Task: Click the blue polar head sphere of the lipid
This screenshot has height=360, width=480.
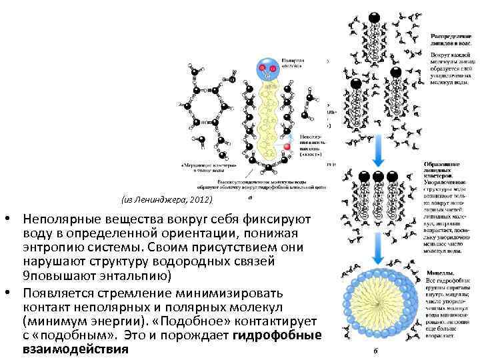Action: coord(267,66)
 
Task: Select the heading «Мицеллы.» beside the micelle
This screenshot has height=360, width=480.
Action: coord(438,273)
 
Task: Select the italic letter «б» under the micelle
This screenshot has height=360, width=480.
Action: coord(377,351)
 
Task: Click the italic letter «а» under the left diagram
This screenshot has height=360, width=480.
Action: coord(249,197)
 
